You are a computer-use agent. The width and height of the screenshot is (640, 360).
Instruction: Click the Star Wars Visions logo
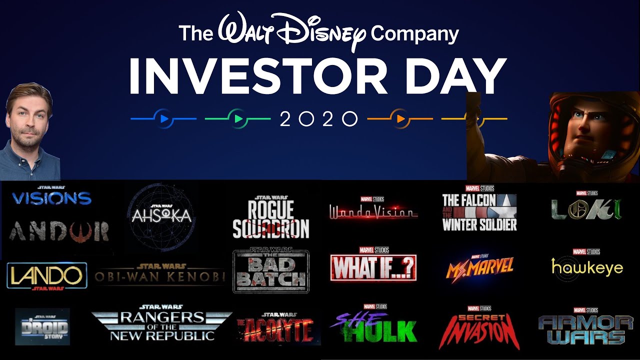pos(51,197)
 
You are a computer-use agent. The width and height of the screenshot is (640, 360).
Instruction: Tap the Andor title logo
pos(58,230)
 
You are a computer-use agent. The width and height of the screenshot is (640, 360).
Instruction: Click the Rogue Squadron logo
pos(270,218)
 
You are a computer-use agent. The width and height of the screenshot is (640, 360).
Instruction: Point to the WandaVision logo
pos(373,212)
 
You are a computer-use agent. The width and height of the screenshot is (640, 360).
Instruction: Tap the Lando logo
pos(46,275)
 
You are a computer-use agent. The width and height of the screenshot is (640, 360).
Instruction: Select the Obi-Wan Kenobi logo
pos(159,275)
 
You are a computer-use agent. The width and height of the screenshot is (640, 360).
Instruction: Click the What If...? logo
pos(373,267)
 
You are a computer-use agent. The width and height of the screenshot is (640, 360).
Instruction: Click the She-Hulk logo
pos(373,328)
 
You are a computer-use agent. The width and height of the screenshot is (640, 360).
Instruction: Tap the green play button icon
pos(238,119)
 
